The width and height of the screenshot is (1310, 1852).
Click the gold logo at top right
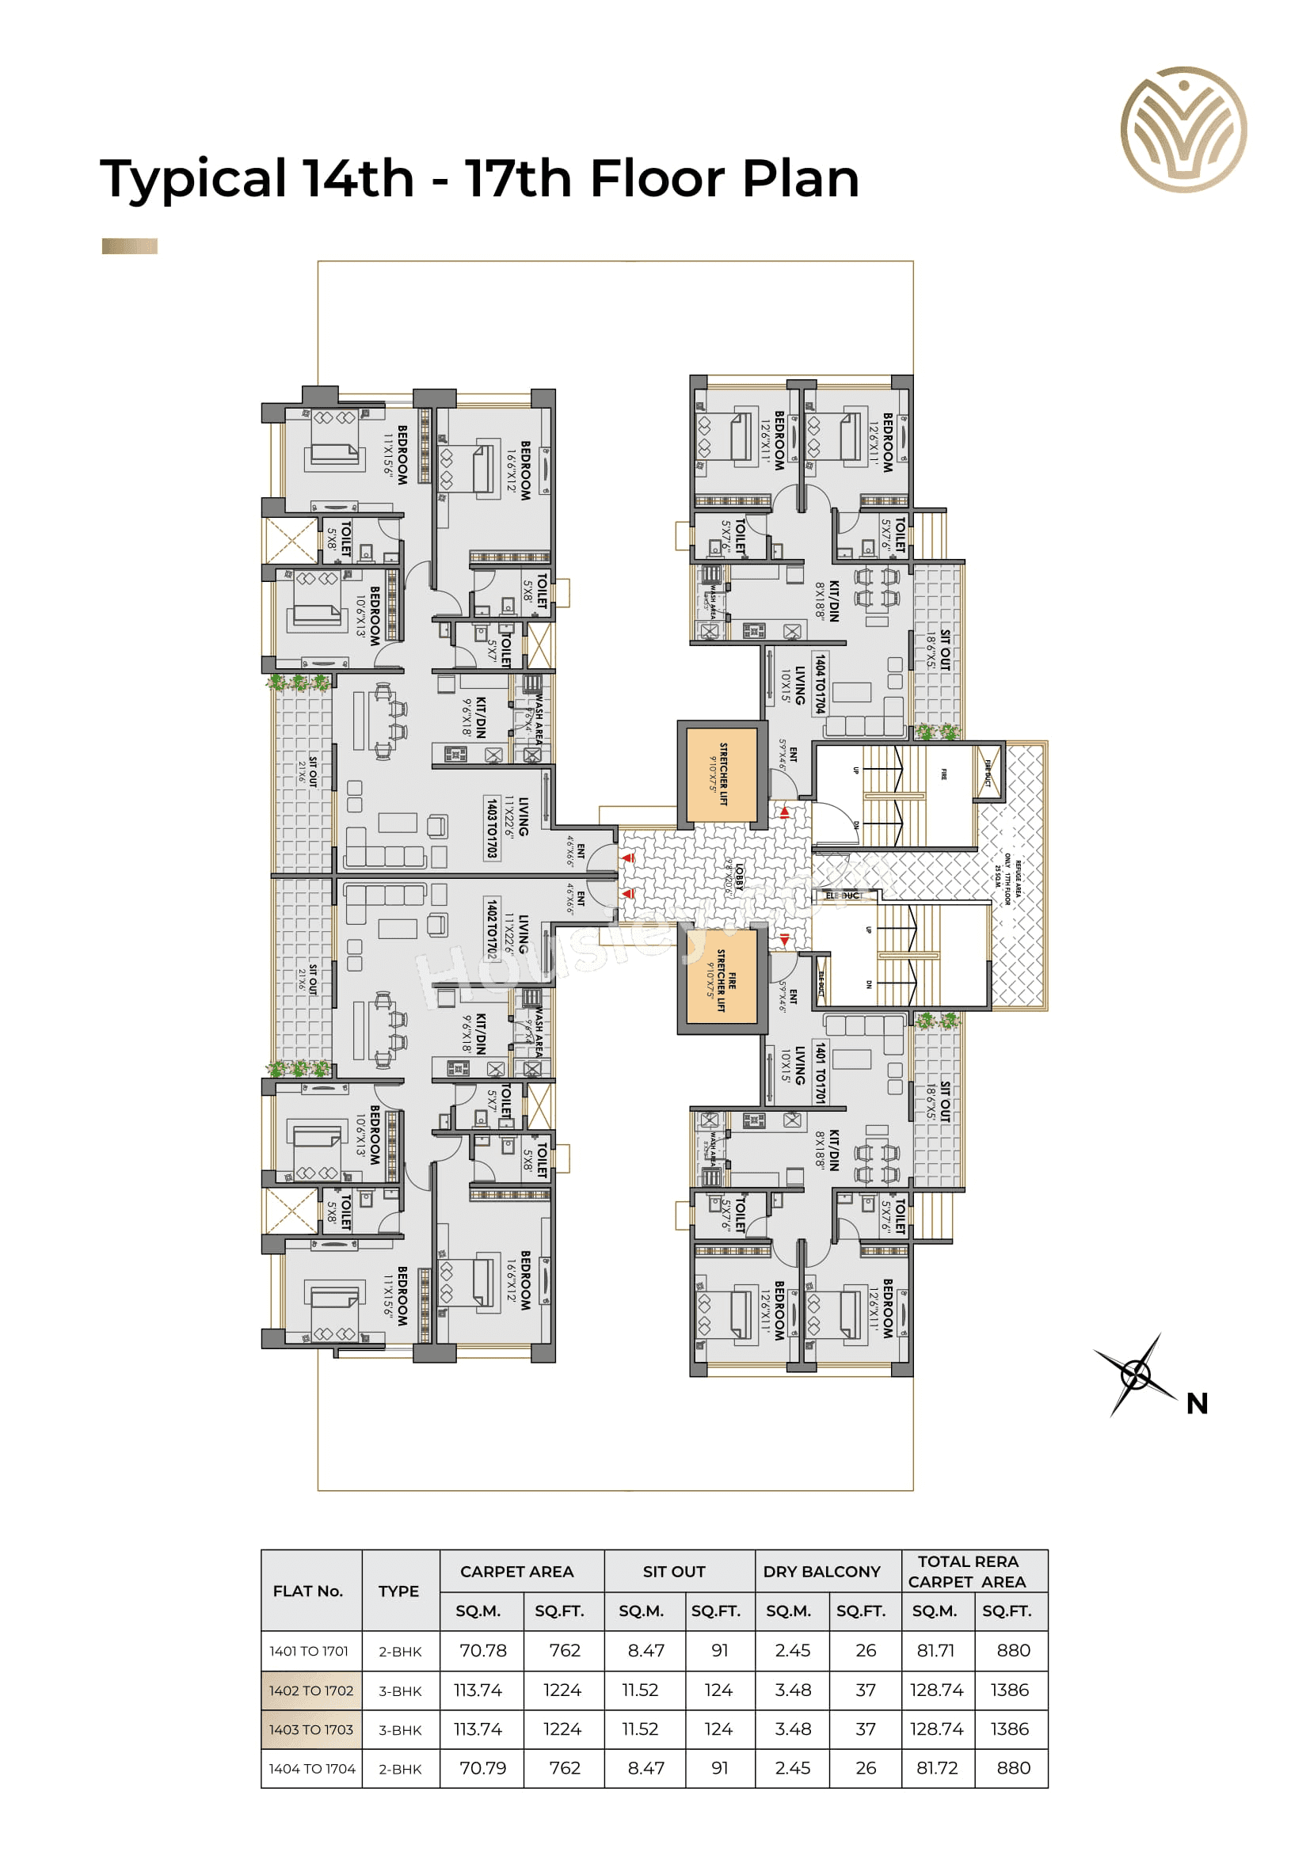pos(1183,130)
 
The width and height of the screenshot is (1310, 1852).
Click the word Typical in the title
pos(192,179)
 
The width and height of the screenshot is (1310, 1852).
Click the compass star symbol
pos(1136,1375)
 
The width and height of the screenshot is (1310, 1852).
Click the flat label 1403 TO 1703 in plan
pos(492,828)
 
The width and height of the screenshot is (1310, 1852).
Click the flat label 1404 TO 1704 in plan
pos(820,684)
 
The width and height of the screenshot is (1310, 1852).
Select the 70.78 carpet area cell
pos(482,1650)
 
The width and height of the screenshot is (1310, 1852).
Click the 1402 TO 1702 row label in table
pos(311,1690)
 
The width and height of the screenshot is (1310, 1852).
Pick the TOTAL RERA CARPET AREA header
pos(967,1571)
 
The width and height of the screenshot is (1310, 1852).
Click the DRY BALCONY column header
pos(821,1571)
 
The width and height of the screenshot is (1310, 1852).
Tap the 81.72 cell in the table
pos(936,1768)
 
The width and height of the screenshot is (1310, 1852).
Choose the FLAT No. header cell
pos(308,1591)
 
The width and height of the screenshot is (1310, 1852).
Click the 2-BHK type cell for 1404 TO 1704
pos(400,1769)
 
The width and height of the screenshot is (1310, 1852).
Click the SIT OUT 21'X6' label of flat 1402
pos(308,978)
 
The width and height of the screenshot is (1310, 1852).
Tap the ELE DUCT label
pos(843,896)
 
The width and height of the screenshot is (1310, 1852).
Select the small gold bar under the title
pos(129,246)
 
